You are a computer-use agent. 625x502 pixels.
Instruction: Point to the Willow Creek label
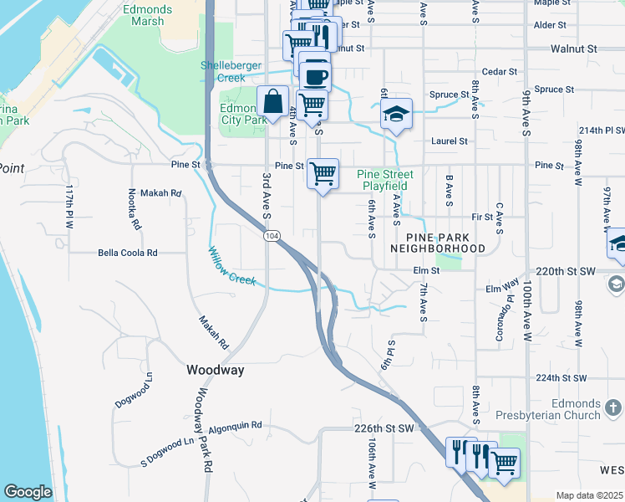point(232,265)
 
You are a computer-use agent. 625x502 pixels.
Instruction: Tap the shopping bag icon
point(273,102)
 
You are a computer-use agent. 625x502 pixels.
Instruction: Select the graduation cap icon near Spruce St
point(397,115)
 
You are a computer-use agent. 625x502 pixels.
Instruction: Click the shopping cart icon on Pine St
point(323,174)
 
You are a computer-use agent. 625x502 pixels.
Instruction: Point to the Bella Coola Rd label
point(128,252)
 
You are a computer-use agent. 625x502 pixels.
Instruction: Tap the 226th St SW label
point(384,428)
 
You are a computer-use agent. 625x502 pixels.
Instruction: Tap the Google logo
point(28,492)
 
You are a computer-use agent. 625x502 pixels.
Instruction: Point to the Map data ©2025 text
point(589,495)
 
